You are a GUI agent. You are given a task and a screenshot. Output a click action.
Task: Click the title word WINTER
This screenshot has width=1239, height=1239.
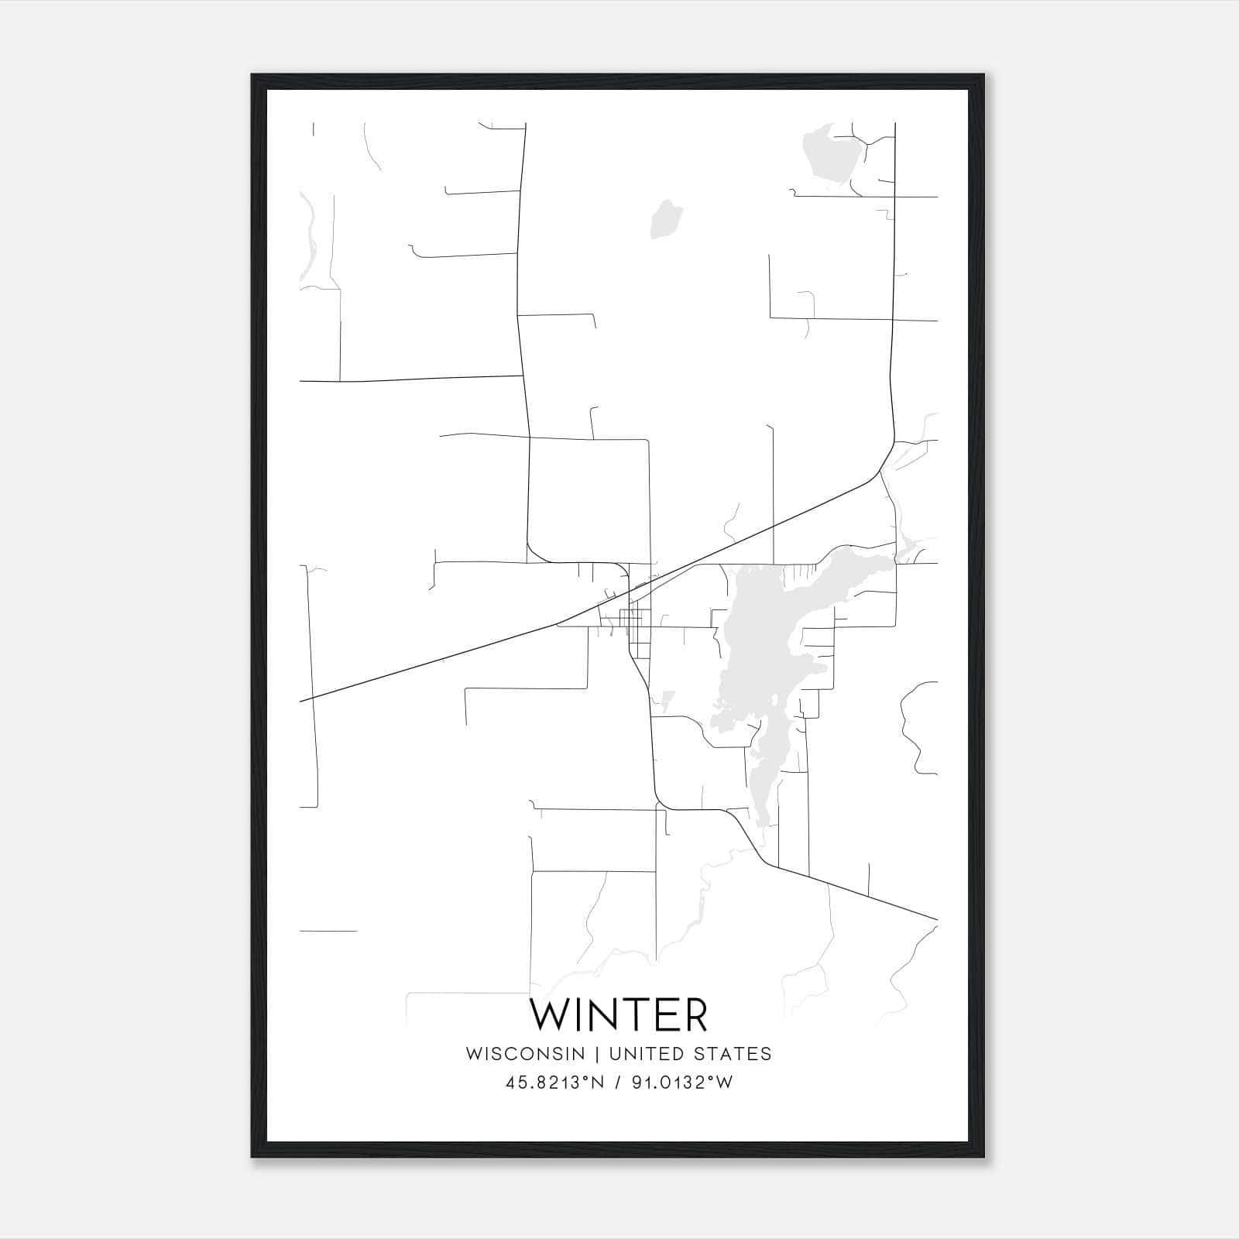(619, 1014)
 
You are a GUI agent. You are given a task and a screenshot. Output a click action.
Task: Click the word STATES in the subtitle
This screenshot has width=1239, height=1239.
(732, 1054)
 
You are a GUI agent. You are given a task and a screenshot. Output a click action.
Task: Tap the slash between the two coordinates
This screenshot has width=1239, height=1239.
(617, 1083)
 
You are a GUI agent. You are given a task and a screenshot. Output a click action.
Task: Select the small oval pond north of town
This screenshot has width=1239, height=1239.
(666, 218)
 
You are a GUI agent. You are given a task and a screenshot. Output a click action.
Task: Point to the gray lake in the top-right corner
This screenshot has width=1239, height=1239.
(830, 159)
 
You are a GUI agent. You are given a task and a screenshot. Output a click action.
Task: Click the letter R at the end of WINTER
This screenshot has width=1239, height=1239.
(695, 1014)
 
